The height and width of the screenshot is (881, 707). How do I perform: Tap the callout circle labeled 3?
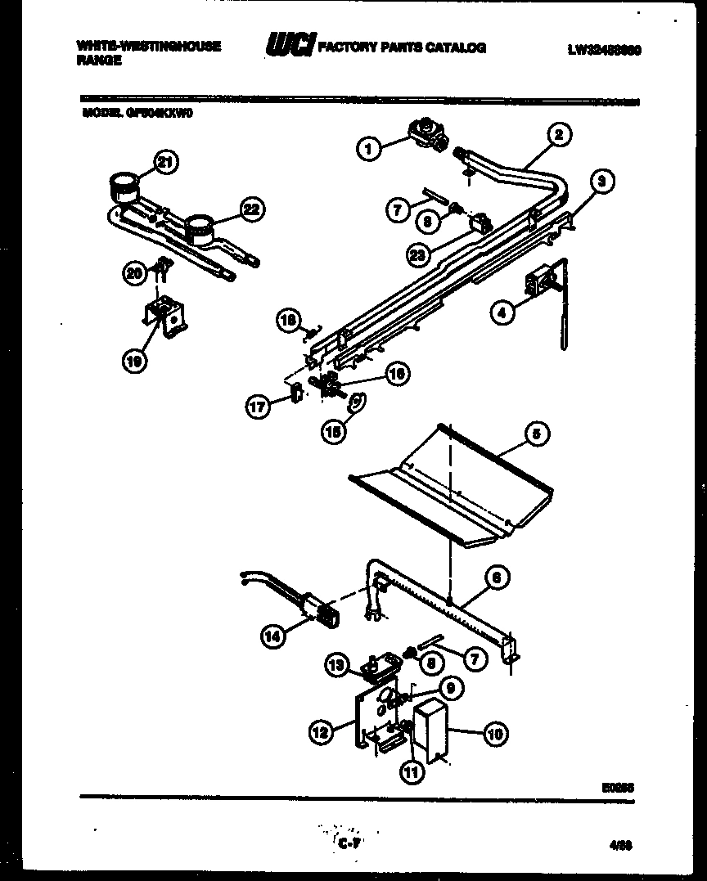click(601, 182)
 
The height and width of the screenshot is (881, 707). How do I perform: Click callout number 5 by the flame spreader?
click(536, 435)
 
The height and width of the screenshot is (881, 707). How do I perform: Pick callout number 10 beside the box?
click(495, 734)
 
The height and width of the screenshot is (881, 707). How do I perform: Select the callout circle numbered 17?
click(259, 407)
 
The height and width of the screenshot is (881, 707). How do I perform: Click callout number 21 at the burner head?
click(166, 162)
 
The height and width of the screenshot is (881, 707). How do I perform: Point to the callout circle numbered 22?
click(252, 210)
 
